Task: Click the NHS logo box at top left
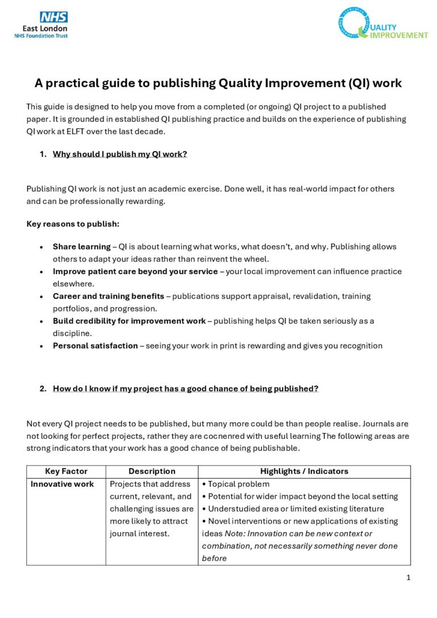[53, 18]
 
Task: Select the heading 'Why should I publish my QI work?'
[119, 154]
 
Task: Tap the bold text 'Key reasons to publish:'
[73, 224]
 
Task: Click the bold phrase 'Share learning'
[81, 247]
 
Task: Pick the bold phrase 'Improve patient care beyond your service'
[135, 271]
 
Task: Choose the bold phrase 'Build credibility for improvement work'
[129, 321]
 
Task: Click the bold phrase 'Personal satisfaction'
[95, 346]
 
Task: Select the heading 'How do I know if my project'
[185, 389]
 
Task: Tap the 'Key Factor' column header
[66, 471]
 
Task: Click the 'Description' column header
[152, 471]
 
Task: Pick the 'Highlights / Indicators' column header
[304, 471]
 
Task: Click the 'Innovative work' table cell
[62, 484]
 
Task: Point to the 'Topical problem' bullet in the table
[236, 484]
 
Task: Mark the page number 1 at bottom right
[408, 578]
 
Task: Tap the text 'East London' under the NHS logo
[45, 28]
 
